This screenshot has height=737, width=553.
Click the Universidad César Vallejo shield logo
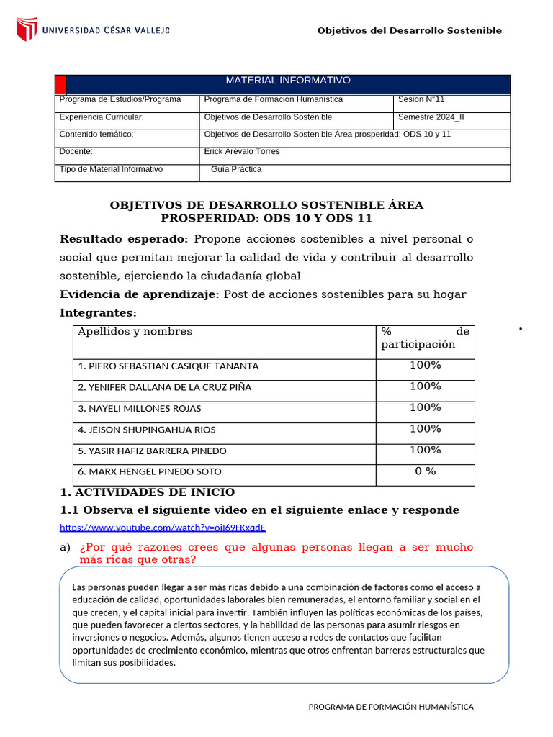click(27, 30)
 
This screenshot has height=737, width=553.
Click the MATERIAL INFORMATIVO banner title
click(288, 81)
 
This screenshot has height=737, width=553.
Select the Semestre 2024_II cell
click(431, 117)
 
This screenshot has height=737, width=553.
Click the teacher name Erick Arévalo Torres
click(242, 152)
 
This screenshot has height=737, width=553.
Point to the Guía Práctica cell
click(236, 169)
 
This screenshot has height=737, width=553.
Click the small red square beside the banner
click(60, 83)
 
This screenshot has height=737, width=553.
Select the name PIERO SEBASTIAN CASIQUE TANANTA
click(168, 366)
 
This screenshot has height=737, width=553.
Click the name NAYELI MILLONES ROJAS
click(140, 408)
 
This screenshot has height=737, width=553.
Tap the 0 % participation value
click(425, 471)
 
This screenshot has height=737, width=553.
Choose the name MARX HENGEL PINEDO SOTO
click(150, 471)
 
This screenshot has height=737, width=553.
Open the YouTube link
click(163, 528)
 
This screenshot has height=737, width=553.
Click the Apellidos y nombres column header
click(135, 332)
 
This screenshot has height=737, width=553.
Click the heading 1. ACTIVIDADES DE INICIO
click(147, 492)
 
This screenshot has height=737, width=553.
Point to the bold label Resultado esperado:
click(123, 239)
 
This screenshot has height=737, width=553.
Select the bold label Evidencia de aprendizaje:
click(139, 294)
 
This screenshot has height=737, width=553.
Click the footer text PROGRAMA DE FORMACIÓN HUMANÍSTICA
click(391, 707)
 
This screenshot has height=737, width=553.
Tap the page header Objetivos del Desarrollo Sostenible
click(409, 30)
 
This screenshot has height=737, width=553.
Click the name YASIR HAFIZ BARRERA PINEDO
click(152, 451)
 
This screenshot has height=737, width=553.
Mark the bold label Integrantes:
click(97, 313)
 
